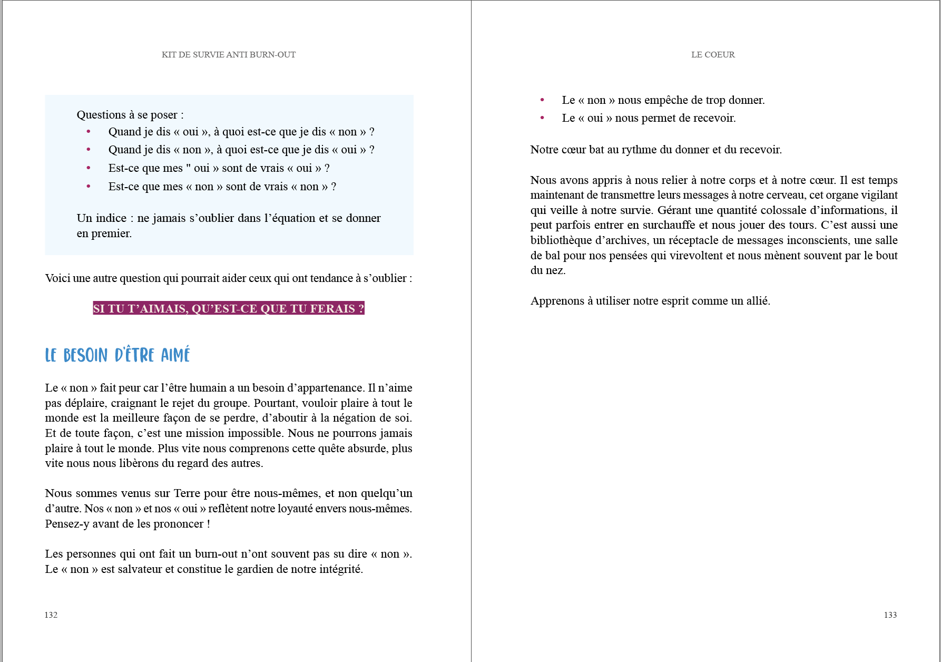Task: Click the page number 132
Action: point(51,615)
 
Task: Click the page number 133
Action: point(890,615)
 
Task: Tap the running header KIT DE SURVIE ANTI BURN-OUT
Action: point(229,55)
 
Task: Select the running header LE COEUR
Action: point(713,55)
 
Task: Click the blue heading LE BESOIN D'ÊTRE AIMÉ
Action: point(117,355)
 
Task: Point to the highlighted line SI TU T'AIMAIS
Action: point(229,309)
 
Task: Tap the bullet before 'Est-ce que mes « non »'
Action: point(89,186)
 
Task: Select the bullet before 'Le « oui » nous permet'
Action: point(542,118)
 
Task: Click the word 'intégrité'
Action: point(340,569)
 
